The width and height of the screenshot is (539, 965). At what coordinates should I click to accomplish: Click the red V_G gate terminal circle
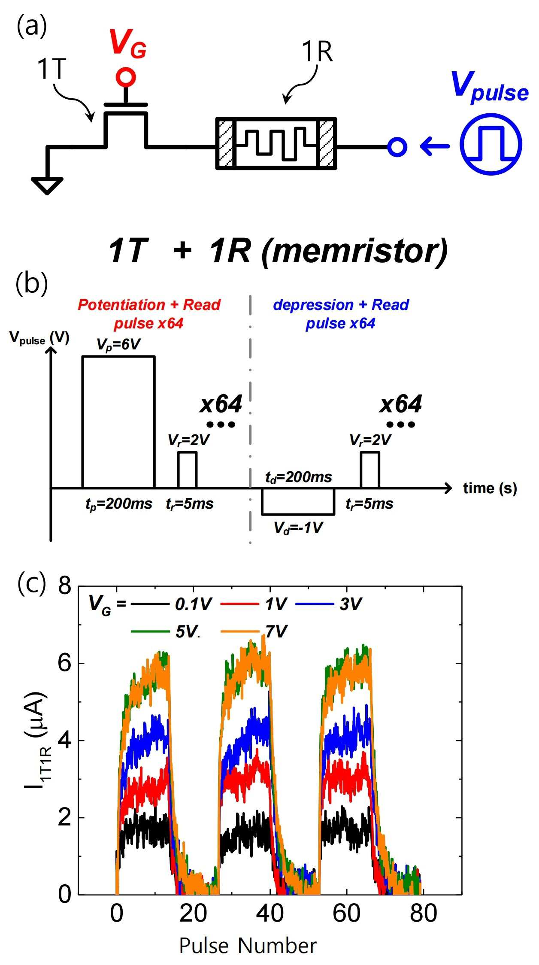(126, 77)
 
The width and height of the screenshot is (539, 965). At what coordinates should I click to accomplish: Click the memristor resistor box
(276, 143)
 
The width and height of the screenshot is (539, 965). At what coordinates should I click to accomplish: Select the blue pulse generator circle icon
(491, 144)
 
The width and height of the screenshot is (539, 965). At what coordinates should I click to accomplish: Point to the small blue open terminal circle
(397, 147)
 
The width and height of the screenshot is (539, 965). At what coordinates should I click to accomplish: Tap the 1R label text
(317, 52)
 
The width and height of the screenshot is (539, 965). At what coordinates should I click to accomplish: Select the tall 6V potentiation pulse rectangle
(118, 422)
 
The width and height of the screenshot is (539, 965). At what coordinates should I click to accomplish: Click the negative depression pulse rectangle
(298, 501)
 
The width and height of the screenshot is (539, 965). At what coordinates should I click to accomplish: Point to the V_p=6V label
(118, 345)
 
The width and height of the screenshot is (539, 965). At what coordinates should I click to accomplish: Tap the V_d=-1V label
(298, 528)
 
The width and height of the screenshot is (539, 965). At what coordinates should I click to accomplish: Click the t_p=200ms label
(119, 504)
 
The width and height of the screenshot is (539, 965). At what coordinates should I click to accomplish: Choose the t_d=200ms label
(299, 477)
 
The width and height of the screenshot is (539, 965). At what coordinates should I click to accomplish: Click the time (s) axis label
(490, 488)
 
